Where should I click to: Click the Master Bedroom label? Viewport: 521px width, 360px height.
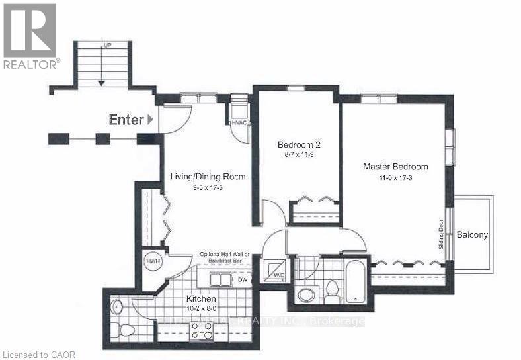[395, 167]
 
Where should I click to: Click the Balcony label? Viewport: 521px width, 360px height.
[472, 234]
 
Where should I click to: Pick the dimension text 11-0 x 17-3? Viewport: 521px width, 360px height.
[395, 178]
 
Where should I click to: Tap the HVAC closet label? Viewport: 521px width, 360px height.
[239, 122]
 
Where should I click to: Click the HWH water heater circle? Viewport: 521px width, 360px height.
[153, 261]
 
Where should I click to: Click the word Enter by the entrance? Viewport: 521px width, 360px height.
[126, 120]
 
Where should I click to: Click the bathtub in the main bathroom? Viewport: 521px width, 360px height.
[356, 281]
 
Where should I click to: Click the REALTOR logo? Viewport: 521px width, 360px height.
[30, 36]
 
